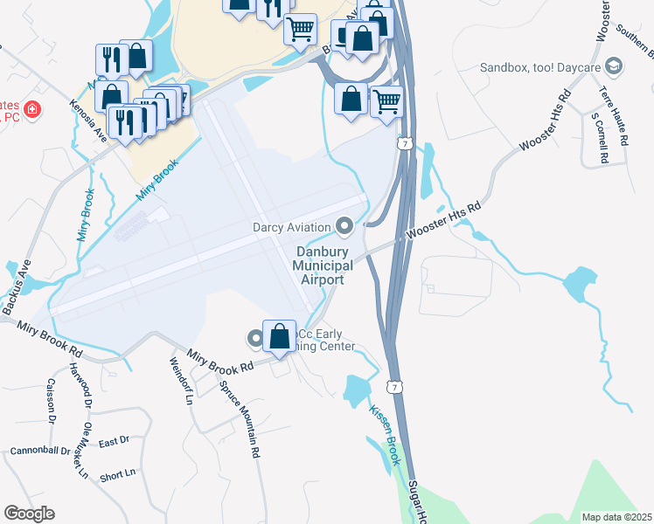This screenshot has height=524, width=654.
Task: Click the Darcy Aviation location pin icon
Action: point(344,228)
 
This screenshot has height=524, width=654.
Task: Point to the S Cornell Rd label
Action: point(599,138)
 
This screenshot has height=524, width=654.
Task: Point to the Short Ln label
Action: point(117,474)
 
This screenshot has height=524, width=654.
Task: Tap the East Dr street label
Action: point(114,442)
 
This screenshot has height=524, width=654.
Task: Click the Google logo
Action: point(29,514)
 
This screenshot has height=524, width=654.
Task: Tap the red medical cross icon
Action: point(31,110)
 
